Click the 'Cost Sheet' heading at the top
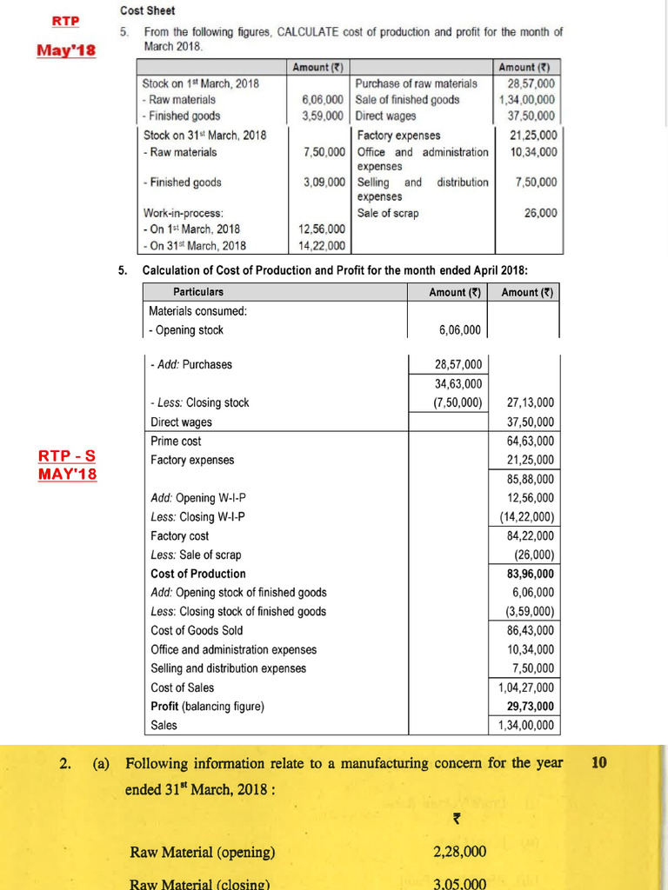(147, 10)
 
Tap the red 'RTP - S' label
(68, 456)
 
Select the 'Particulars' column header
(197, 292)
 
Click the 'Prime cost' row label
(176, 441)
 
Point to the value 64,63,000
(530, 441)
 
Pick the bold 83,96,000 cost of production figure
(530, 574)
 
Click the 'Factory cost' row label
(179, 536)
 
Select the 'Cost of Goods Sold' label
(197, 630)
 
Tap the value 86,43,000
(530, 630)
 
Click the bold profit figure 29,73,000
(530, 706)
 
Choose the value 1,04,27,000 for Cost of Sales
(525, 687)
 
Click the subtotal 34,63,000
(458, 383)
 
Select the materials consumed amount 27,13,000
(530, 402)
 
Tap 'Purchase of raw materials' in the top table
(416, 83)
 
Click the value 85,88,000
(530, 479)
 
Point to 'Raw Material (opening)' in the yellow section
(202, 852)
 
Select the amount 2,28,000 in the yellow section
(459, 852)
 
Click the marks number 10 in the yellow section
(598, 762)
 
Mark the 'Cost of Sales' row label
(182, 687)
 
